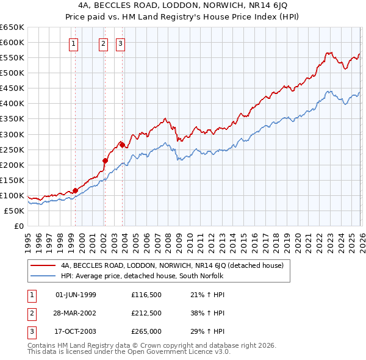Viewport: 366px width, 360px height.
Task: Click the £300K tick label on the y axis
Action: pyautogui.click(x=12, y=134)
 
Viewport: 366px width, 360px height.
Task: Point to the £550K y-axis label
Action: pyautogui.click(x=12, y=58)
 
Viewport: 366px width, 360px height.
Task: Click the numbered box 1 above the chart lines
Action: pyautogui.click(x=74, y=43)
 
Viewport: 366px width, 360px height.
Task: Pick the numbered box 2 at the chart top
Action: pyautogui.click(x=103, y=43)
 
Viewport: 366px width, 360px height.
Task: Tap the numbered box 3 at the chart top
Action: pyautogui.click(x=121, y=43)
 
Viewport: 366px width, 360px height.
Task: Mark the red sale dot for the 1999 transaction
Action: pyautogui.click(x=75, y=190)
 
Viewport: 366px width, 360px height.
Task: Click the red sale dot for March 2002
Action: pyautogui.click(x=105, y=161)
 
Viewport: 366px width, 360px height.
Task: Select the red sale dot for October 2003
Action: pyautogui.click(x=122, y=145)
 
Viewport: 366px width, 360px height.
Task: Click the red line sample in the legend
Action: pyautogui.click(x=43, y=265)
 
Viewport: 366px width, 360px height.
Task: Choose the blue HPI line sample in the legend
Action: pyautogui.click(x=43, y=276)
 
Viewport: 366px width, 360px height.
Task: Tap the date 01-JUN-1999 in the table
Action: pyautogui.click(x=76, y=295)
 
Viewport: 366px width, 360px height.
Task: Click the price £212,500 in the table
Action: pyautogui.click(x=146, y=313)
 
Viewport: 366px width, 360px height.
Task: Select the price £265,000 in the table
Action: pyautogui.click(x=146, y=331)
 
